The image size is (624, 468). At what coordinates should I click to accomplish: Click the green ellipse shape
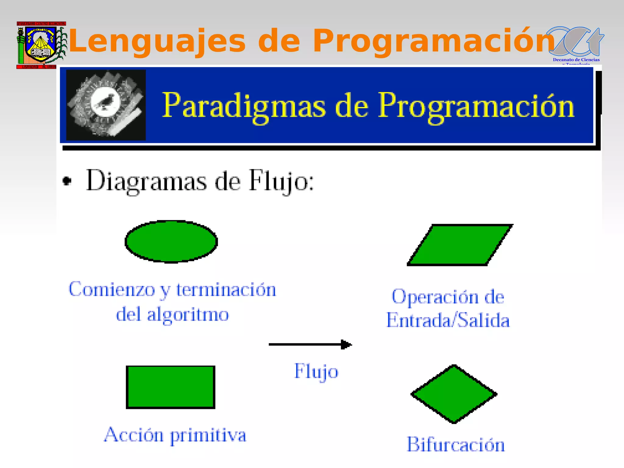tap(171, 241)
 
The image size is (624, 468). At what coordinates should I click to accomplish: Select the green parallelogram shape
tap(460, 245)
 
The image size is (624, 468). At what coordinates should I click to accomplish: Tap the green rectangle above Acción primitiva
tap(171, 387)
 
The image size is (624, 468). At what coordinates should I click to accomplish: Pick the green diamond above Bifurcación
tap(454, 394)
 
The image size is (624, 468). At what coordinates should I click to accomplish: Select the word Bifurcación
tap(456, 445)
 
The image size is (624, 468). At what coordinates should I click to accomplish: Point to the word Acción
tap(134, 435)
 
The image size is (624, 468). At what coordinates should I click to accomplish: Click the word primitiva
tap(208, 436)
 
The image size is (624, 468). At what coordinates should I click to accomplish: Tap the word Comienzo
tap(112, 289)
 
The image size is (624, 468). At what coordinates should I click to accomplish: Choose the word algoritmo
tap(188, 315)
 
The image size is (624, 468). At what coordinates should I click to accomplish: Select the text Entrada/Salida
tap(448, 321)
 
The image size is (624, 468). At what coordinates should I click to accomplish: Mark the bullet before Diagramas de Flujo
tap(67, 181)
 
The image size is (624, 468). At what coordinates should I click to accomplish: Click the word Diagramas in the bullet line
tap(147, 181)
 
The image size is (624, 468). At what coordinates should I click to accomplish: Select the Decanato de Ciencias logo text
tap(576, 60)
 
